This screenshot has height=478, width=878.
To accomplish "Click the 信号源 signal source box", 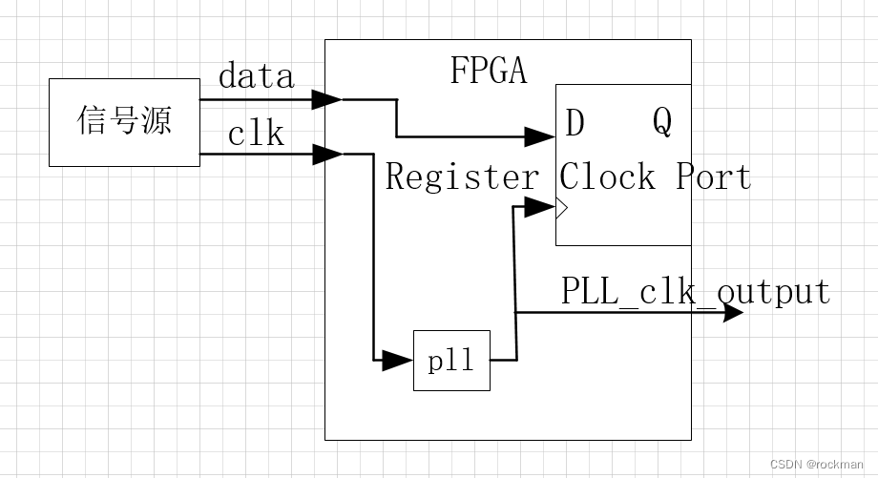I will [x=124, y=123].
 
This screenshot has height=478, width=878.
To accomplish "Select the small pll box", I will [x=451, y=361].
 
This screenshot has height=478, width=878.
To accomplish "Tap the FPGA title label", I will [x=488, y=71].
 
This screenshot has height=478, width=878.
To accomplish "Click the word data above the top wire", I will [x=256, y=75].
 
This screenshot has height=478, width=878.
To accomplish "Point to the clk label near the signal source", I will [x=256, y=134].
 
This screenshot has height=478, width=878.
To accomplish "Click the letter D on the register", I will [x=575, y=123].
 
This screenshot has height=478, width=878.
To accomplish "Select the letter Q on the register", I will [x=662, y=121].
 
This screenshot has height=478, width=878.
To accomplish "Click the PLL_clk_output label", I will [x=695, y=290].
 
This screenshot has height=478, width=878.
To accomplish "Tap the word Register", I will [x=462, y=177].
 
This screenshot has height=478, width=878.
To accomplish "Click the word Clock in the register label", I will [x=608, y=177].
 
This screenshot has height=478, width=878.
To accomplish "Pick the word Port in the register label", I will [x=714, y=177].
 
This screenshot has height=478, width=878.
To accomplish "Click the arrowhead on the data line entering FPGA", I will [x=328, y=99].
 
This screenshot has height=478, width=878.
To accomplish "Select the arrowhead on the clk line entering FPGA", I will [x=328, y=153].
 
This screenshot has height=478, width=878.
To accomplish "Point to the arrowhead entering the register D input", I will [x=542, y=137].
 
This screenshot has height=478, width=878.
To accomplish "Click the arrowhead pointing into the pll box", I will [x=398, y=361].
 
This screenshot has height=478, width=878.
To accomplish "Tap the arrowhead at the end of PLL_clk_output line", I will [x=732, y=312].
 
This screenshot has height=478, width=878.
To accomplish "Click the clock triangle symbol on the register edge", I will [x=562, y=207].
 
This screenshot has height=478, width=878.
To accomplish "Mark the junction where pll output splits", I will [x=515, y=312].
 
